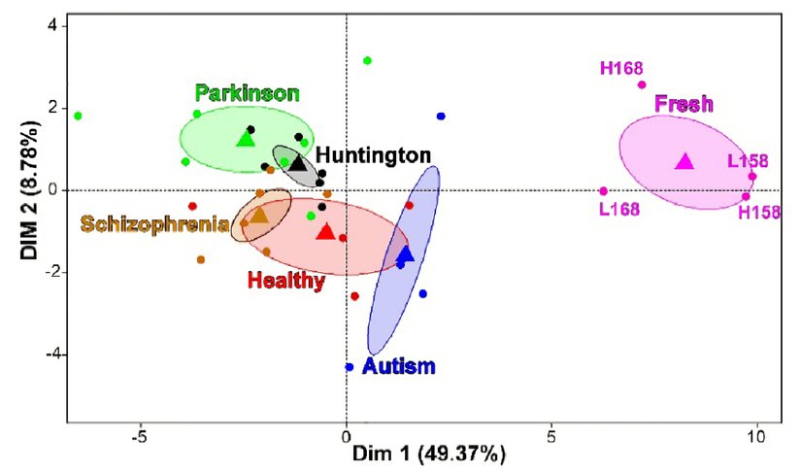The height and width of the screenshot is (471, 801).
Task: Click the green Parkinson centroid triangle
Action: (x=246, y=140)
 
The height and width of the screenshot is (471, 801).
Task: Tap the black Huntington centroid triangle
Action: (x=297, y=163)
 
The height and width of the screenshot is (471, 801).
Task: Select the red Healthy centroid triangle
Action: (x=325, y=231)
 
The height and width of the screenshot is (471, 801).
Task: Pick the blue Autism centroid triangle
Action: (x=406, y=254)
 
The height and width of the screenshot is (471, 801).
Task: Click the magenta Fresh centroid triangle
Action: (x=684, y=161)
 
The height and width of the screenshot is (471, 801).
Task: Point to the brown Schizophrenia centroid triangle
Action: (x=259, y=215)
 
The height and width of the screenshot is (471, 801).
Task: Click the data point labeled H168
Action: (x=642, y=84)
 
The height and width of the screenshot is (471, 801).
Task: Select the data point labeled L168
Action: (x=603, y=191)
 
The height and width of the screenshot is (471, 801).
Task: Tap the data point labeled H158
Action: (x=746, y=196)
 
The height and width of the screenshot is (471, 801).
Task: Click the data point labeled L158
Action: (x=752, y=176)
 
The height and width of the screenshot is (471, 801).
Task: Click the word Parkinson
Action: (x=247, y=93)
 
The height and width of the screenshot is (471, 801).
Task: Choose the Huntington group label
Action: (x=373, y=154)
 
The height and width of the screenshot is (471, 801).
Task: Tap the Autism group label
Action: (x=398, y=367)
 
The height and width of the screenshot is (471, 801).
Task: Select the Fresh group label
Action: (x=684, y=103)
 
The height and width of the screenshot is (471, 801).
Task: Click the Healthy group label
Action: (x=285, y=282)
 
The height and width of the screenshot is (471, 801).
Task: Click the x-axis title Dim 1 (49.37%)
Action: (x=428, y=454)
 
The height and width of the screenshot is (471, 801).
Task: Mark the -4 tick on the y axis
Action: (x=46, y=354)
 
